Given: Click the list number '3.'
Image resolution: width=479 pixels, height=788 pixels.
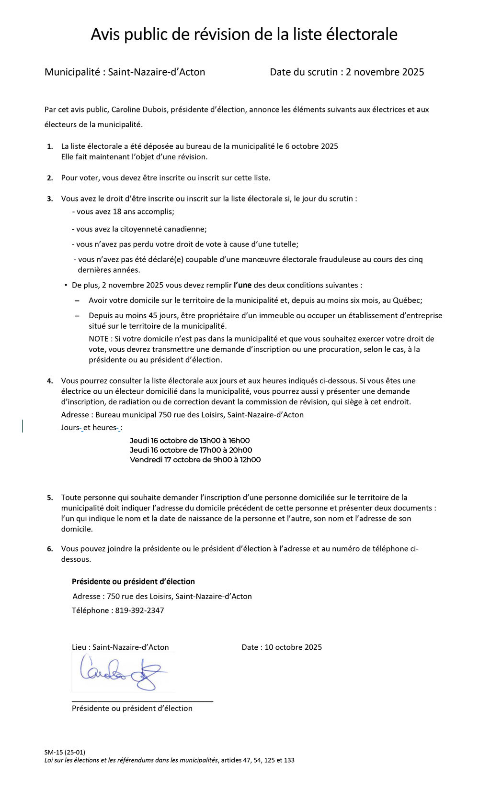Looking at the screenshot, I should pos(50,199).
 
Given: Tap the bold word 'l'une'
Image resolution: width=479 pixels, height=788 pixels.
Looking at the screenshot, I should pos(242,285).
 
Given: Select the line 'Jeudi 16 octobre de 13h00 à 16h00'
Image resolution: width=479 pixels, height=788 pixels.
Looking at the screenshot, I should pos(190,441).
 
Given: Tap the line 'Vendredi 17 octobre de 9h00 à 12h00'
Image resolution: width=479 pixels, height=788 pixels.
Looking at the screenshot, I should pos(195,460).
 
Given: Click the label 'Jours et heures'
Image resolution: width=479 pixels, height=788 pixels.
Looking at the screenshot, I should pos(91,428).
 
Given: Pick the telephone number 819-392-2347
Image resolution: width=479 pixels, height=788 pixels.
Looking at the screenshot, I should pos(139,610).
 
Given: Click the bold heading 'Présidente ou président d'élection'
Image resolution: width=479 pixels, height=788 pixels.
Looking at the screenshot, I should pos(133,582).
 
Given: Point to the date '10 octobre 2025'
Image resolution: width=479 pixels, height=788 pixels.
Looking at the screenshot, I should pos(293,647).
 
